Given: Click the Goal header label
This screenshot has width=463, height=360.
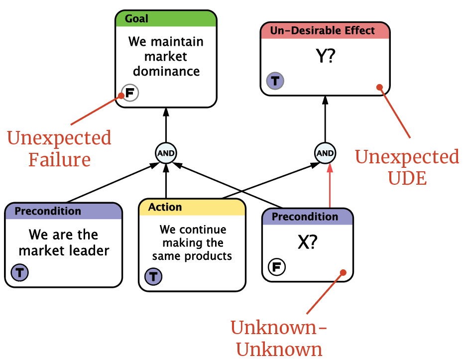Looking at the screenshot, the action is tap(136, 18).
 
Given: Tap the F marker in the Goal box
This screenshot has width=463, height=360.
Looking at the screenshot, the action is tap(130, 93).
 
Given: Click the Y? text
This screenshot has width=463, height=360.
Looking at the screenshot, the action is tap(326, 56).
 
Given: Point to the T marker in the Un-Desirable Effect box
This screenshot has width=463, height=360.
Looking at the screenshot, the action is tap(275, 81).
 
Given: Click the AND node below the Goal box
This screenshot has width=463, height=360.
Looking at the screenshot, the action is tap(166, 153).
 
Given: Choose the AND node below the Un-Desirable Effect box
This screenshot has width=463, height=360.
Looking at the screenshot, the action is tap(325, 153).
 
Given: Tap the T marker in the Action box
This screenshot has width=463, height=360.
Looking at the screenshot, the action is tap(153, 277).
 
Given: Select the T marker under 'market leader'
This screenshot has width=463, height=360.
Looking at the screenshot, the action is tap(20, 272).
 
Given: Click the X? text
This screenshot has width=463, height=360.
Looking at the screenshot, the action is tap(307, 242).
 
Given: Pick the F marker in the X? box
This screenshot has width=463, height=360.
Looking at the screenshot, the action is tap(277, 267).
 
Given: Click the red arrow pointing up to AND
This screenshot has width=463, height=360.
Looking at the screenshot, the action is tap(330, 185).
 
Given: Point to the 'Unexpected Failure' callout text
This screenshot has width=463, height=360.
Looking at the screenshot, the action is tap(59, 148).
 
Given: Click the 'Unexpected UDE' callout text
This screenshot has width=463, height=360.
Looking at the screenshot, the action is tap(407, 167).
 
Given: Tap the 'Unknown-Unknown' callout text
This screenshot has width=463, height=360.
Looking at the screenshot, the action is tap(279, 338).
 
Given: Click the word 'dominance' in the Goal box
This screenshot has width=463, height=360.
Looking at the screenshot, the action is tap(166, 71).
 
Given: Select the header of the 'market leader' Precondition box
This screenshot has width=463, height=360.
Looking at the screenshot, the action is tap(64, 211).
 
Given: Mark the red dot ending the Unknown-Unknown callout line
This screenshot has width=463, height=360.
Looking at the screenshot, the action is tap(343, 272).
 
